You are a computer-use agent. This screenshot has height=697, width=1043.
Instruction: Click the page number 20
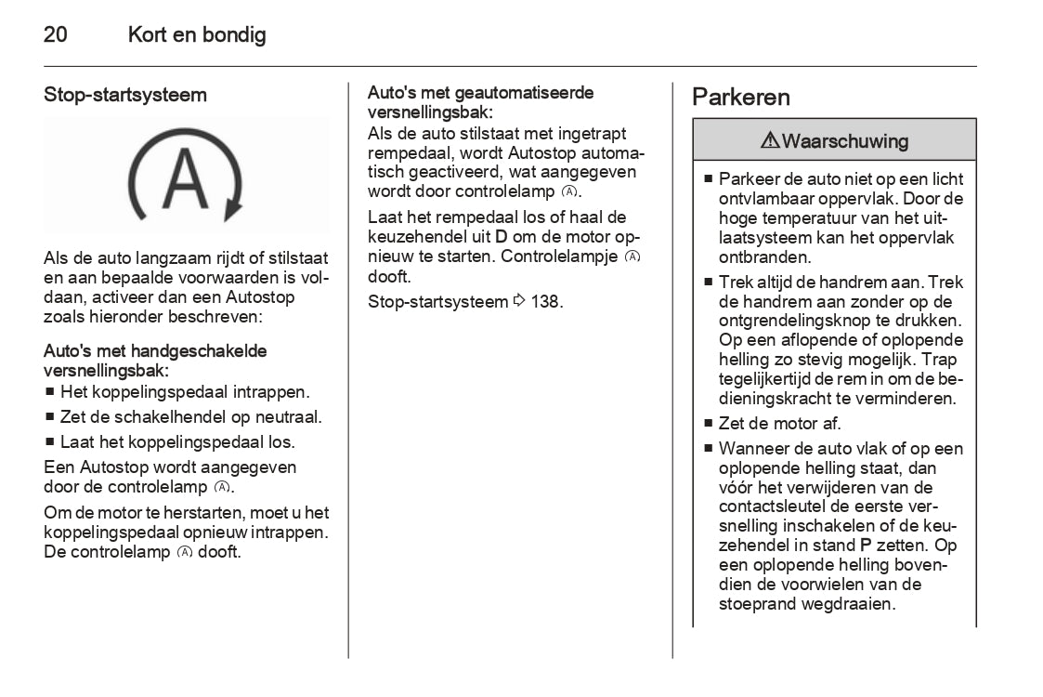pyautogui.click(x=55, y=35)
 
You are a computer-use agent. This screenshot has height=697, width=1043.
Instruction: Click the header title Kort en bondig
pyautogui.click(x=197, y=35)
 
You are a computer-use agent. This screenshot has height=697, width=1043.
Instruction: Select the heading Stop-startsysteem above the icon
pyautogui.click(x=125, y=95)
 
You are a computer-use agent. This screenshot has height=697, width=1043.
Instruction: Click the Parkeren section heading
pyautogui.click(x=741, y=98)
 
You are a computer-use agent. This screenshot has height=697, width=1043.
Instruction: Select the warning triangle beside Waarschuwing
pyautogui.click(x=770, y=141)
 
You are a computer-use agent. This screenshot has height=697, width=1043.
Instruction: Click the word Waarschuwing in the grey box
pyautogui.click(x=844, y=141)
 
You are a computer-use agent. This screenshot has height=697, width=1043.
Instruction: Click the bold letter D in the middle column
pyautogui.click(x=501, y=237)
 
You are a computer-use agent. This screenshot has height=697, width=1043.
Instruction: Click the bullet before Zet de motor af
pyautogui.click(x=708, y=424)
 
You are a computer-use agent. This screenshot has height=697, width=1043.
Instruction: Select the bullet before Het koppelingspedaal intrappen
pyautogui.click(x=50, y=393)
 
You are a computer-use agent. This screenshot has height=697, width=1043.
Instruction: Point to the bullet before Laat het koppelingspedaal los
pyautogui.click(x=50, y=442)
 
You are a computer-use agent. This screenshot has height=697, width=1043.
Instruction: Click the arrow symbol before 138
pyautogui.click(x=519, y=301)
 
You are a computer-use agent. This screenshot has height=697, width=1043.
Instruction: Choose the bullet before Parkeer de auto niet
pyautogui.click(x=708, y=178)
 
